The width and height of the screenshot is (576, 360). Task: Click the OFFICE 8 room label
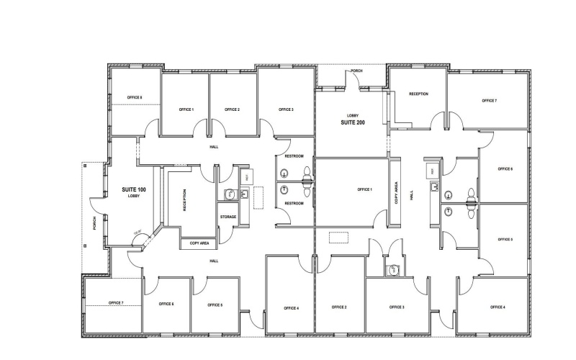pos(135,97)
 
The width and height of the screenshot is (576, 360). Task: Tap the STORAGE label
pos(228,216)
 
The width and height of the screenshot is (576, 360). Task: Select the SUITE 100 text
pos(134,189)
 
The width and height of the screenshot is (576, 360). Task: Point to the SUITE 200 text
pos(354,123)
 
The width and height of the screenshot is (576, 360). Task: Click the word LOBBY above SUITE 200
pos(353,115)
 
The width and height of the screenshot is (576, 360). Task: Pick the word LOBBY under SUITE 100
pos(134,197)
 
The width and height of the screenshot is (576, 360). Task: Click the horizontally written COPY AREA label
pos(199,243)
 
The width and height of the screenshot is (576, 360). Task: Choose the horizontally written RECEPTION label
pos(419,94)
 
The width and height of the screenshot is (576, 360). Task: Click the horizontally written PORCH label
pos(356,71)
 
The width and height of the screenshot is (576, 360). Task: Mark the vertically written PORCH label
pos(94,223)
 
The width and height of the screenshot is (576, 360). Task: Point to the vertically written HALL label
pos(413,194)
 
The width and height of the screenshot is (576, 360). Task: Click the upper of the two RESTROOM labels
pos(294,156)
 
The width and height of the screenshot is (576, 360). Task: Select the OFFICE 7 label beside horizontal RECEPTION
pos(489,101)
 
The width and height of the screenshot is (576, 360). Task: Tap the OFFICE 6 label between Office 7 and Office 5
pos(167,305)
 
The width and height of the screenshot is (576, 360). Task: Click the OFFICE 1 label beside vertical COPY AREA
pos(365,189)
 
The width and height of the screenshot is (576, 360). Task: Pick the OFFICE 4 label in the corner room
pos(498,307)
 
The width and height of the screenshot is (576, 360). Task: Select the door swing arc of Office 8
pos(150,130)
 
